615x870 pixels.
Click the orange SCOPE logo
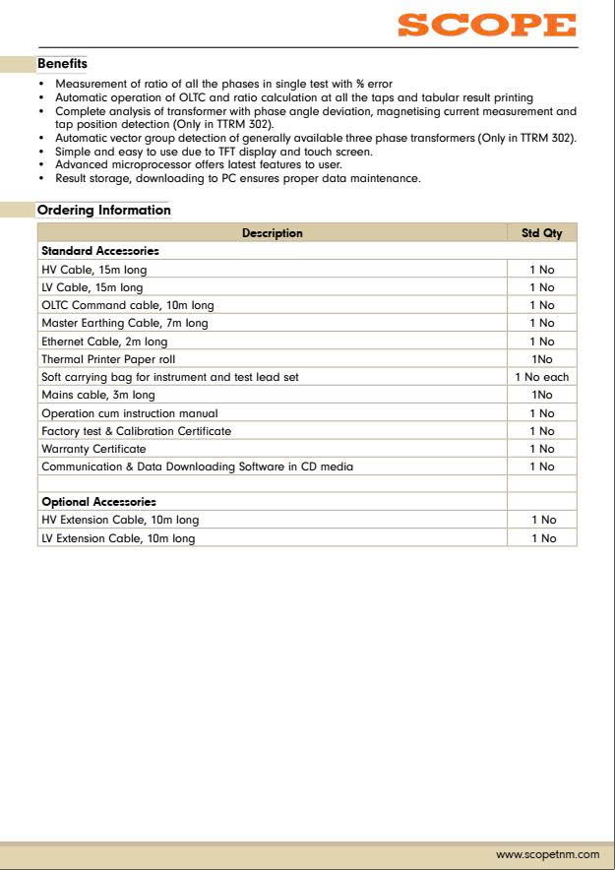tap(486, 25)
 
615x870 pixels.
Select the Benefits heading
tap(62, 64)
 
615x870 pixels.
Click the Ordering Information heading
tap(103, 210)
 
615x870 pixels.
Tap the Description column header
tap(272, 233)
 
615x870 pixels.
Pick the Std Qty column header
tap(541, 233)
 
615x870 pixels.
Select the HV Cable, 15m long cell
tap(93, 270)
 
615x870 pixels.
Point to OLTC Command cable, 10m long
tap(127, 305)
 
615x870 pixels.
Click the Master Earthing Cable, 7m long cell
tap(124, 323)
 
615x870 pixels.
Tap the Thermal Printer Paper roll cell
tap(108, 359)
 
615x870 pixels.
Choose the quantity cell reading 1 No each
tap(541, 377)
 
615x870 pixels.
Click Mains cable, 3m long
tap(98, 395)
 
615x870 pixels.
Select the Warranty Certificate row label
tap(93, 449)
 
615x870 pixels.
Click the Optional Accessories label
tap(98, 502)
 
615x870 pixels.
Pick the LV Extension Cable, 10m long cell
tap(118, 538)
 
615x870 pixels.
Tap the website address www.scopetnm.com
tap(547, 854)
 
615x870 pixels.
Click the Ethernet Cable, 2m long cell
tap(104, 342)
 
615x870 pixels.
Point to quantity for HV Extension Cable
tap(543, 520)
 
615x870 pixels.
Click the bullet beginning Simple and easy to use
tap(214, 152)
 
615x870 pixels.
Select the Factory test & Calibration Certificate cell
tap(136, 431)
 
